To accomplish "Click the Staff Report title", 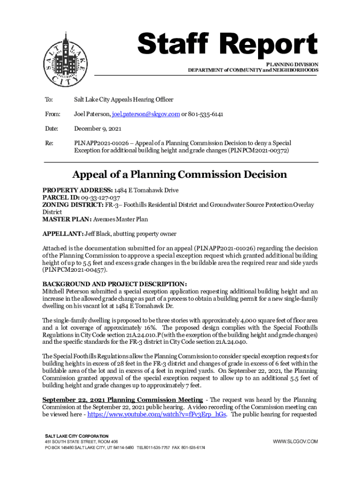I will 228,46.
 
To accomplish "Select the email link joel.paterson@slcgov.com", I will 145,114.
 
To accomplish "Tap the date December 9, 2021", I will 98,129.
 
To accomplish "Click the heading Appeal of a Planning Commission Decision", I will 180,175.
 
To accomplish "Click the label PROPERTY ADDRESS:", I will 77,191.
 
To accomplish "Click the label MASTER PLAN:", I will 65,219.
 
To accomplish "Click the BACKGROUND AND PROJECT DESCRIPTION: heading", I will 115,284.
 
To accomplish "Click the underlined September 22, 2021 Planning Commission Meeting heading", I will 122,400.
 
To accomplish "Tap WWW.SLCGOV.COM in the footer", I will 295,442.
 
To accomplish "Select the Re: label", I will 48,143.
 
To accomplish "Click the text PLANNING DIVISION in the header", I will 292,64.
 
